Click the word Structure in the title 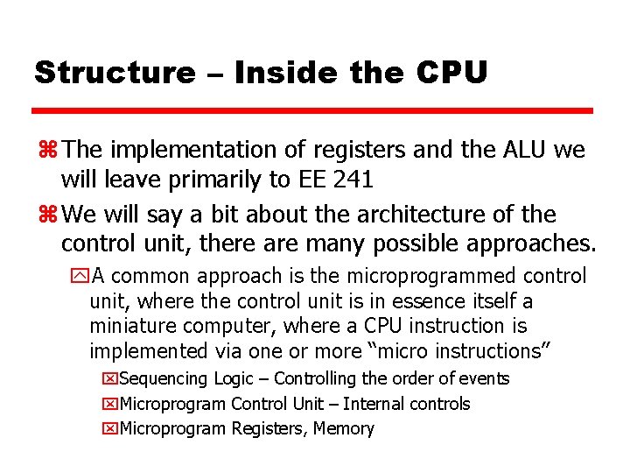pos(115,73)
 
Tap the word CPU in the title pos(452,73)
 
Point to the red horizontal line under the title pos(313,111)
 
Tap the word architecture pos(401,215)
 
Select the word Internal pos(376,404)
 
